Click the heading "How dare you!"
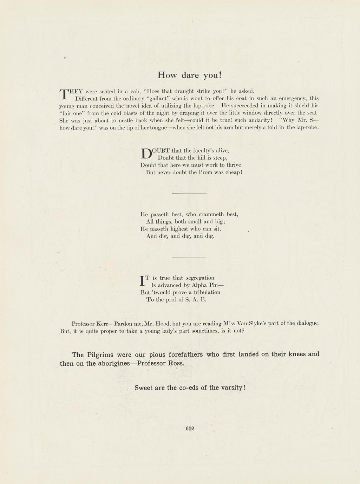190,75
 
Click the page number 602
190,428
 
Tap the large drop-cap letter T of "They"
64,94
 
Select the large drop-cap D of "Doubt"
146,153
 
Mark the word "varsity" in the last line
231,388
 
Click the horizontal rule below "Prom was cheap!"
189,193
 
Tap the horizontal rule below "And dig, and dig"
189,257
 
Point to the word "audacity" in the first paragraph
258,120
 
